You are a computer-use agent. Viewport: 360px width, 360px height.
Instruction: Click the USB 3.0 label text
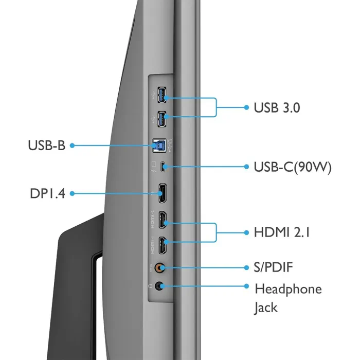(x=277, y=107)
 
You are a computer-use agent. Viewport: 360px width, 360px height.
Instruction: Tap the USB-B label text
(x=47, y=146)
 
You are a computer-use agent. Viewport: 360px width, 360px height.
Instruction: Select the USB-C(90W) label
(x=293, y=167)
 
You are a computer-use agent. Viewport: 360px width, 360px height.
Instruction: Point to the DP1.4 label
(x=47, y=193)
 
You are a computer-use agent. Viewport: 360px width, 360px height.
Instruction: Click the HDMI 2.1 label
(x=282, y=232)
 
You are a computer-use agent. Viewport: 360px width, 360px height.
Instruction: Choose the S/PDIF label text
(x=273, y=267)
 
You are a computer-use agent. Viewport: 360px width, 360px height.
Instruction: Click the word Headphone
(x=288, y=289)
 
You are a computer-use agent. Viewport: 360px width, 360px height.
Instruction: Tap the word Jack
(x=266, y=308)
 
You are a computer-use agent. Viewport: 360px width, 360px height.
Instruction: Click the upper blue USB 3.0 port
(x=161, y=95)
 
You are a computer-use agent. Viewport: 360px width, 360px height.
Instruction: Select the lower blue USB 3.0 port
(x=161, y=119)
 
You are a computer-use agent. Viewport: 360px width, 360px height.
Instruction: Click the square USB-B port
(x=159, y=146)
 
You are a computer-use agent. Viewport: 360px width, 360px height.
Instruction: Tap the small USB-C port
(x=163, y=167)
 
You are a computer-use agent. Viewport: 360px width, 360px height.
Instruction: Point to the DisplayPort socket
(x=163, y=193)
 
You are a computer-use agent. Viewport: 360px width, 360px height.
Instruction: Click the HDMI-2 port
(x=163, y=220)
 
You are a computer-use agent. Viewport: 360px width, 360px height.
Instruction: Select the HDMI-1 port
(x=163, y=245)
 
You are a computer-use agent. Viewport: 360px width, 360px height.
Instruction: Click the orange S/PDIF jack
(x=159, y=268)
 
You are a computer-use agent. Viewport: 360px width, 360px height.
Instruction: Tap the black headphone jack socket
(x=159, y=286)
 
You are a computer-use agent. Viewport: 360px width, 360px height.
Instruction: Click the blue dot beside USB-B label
(x=72, y=146)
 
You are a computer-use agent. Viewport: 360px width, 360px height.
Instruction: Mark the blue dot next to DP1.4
(x=72, y=193)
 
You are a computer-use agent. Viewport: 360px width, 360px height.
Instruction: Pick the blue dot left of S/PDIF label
(x=246, y=268)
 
